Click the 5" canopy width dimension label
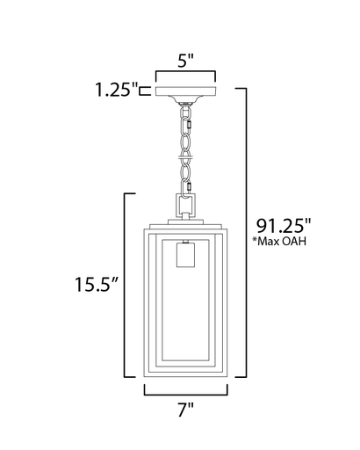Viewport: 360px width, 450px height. pyautogui.click(x=186, y=61)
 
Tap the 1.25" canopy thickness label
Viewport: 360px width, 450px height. pyautogui.click(x=117, y=90)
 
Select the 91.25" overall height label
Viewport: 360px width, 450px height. pyautogui.click(x=284, y=225)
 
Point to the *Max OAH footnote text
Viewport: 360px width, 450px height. pyautogui.click(x=280, y=242)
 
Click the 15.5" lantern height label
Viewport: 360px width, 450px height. pyautogui.click(x=97, y=284)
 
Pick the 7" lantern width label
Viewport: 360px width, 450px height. pyautogui.click(x=186, y=410)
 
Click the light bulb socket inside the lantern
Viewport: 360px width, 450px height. pyautogui.click(x=185, y=254)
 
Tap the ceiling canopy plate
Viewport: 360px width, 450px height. pyautogui.click(x=186, y=91)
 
